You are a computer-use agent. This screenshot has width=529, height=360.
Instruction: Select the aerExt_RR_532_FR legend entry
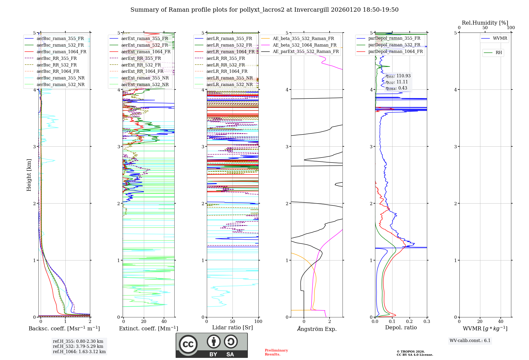click(x=141, y=65)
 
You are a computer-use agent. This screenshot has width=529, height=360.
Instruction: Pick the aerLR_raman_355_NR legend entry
click(x=229, y=78)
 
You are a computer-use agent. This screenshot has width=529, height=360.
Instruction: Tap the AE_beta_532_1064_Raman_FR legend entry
click(x=304, y=45)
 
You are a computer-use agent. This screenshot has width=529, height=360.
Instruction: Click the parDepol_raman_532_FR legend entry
click(x=394, y=45)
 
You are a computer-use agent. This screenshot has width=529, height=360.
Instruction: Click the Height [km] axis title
click(x=29, y=175)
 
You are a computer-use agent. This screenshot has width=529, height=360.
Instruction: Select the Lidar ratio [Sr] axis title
click(x=232, y=327)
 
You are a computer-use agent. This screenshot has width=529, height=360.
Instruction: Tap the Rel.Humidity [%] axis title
click(x=485, y=23)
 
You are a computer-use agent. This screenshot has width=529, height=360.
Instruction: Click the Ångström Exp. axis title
click(x=317, y=329)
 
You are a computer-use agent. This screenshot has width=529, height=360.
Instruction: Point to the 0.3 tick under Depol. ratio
click(x=427, y=321)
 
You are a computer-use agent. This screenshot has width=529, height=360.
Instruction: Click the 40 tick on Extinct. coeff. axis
click(x=164, y=321)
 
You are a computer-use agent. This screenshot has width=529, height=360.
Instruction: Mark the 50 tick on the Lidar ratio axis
click(x=232, y=321)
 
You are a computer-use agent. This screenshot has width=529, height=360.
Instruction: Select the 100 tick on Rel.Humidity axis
click(x=511, y=28)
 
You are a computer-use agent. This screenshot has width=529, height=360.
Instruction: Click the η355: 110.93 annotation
click(x=398, y=76)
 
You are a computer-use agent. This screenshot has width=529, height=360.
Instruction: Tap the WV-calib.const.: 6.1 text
click(x=470, y=340)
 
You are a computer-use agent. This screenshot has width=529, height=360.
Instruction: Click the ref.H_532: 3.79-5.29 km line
click(x=78, y=346)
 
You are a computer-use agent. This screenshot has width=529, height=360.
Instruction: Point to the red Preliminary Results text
click(x=276, y=352)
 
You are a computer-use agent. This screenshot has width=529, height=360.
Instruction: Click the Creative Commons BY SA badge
click(x=212, y=345)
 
